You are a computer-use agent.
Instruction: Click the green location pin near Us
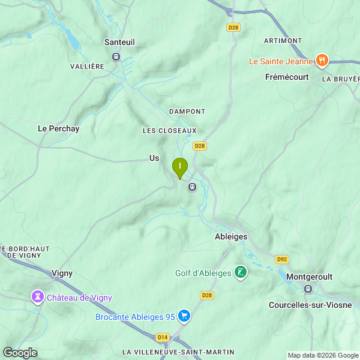[x=179, y=167]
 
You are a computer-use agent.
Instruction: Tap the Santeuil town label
[x=119, y=42]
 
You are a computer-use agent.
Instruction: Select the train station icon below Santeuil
[x=116, y=56]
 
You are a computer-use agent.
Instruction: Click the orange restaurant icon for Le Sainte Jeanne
[x=322, y=61]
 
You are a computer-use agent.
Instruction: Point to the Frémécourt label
[x=287, y=77]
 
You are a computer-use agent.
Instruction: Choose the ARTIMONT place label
[x=283, y=40]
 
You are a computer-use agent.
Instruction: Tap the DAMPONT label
[x=187, y=112]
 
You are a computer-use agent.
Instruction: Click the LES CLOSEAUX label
[x=169, y=131]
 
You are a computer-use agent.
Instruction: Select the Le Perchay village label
[x=58, y=128]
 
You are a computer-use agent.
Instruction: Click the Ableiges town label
[x=231, y=237]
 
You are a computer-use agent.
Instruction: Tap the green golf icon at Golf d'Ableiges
[x=240, y=273]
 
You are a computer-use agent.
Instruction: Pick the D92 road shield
[x=281, y=259]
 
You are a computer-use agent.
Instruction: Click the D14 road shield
[x=163, y=337]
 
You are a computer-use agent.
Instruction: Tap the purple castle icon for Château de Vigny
[x=37, y=297]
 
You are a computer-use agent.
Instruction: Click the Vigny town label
[x=62, y=273]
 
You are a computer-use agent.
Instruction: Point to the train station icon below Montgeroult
[x=308, y=289]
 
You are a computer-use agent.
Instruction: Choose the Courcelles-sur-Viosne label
[x=310, y=305]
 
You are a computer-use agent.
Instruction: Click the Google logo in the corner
[x=20, y=353]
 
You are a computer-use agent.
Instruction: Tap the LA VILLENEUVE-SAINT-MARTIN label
[x=178, y=352]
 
